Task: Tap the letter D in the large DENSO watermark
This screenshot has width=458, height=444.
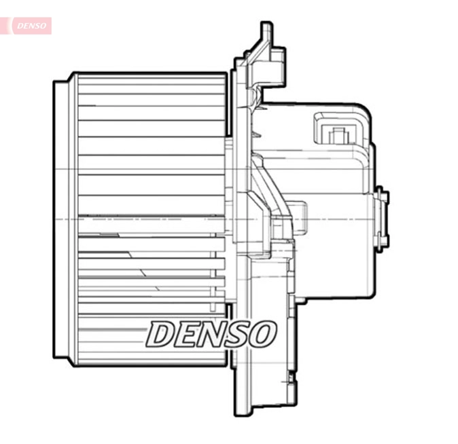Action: [x=163, y=334]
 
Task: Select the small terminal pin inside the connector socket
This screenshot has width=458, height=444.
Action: [x=334, y=135]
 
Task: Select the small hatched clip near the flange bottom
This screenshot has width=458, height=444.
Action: [x=291, y=376]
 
